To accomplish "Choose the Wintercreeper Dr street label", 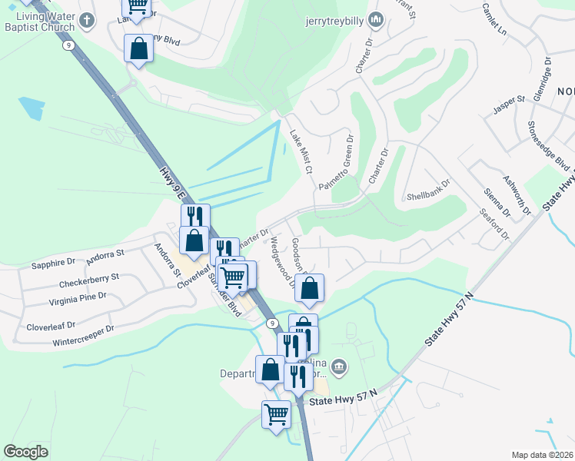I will point(82,333).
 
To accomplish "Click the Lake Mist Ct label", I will point(299,151).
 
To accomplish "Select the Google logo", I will point(26,451).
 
